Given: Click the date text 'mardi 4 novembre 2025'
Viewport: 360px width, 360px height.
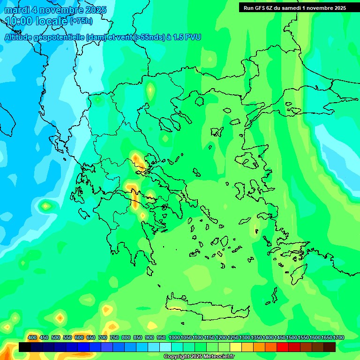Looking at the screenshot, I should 55,10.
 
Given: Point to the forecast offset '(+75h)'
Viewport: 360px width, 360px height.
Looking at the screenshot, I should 81,21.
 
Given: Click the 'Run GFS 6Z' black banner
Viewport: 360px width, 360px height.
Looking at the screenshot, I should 295,8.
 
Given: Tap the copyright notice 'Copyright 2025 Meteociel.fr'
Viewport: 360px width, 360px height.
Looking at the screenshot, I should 199,357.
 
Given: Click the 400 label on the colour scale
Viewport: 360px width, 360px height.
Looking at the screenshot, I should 32,338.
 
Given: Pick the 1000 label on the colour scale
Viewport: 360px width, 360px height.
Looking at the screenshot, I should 174,338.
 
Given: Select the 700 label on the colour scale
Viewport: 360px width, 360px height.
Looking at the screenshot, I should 103,338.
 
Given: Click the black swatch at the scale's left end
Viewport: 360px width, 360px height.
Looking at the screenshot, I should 25,347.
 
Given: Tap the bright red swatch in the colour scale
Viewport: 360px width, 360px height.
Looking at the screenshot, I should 283,347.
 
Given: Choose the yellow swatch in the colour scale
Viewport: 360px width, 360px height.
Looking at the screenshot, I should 236,347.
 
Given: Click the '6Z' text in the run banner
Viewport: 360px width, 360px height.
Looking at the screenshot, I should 269,8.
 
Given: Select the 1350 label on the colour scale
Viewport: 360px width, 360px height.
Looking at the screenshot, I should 256,338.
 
